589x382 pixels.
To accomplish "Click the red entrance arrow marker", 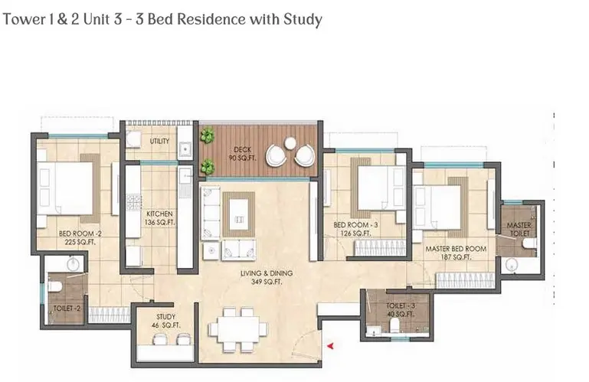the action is [330, 346].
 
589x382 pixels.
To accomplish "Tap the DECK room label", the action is [242, 149].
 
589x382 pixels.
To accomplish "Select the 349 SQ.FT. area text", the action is [267, 282].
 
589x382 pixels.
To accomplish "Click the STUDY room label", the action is [165, 317].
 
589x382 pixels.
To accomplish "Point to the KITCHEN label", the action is [159, 214].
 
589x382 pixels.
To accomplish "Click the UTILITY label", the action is [159, 141].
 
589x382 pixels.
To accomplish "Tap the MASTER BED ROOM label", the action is [456, 249].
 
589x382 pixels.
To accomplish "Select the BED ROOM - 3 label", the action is [355, 225].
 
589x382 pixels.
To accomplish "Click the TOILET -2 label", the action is [67, 309].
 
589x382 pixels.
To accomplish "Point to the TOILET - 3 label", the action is [401, 305].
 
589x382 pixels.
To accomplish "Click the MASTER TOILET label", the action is [519, 229].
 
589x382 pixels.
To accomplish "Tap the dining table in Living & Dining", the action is [238, 329].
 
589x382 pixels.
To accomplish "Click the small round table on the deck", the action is [290, 143].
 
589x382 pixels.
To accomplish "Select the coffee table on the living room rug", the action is [238, 214].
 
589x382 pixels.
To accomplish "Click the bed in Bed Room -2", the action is [64, 188].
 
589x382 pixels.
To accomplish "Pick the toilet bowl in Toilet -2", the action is [55, 286].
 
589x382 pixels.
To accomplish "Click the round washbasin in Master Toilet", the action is [511, 265].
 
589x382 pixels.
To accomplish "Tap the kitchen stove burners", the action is [133, 201].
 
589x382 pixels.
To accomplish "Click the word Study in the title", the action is [303, 19].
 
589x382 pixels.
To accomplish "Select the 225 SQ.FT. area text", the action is [80, 242].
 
